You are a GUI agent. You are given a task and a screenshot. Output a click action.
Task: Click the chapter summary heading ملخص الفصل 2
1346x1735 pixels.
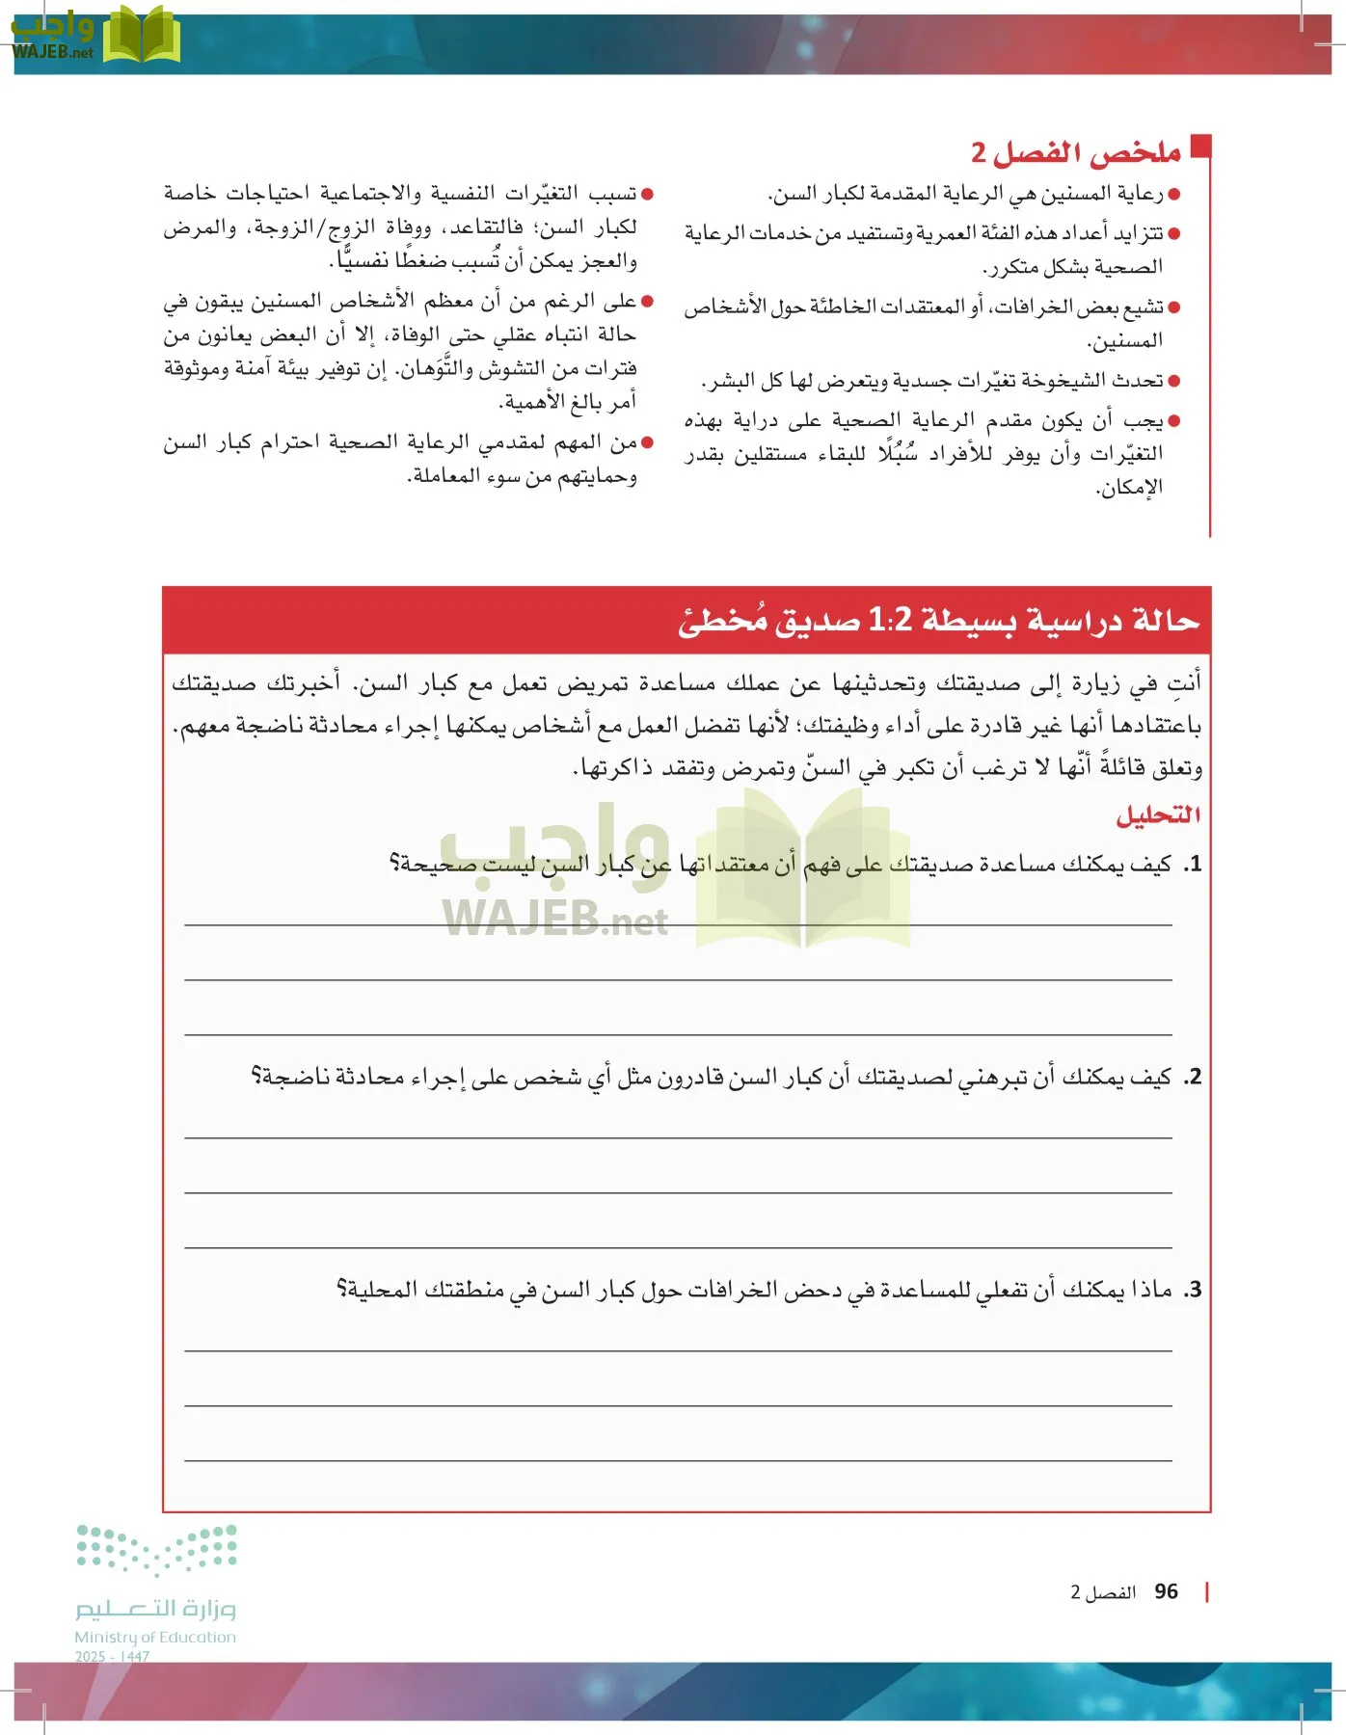(1075, 152)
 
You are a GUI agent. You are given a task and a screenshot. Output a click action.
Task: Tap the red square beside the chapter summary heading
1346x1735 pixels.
(1199, 146)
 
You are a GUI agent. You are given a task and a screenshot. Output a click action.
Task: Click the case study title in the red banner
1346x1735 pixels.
(937, 620)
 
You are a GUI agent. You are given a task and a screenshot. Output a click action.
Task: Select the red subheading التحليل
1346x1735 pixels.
(1158, 815)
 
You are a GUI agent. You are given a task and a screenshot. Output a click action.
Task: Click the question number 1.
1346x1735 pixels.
(1194, 864)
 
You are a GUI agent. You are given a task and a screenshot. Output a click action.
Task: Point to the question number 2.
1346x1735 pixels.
(1194, 1077)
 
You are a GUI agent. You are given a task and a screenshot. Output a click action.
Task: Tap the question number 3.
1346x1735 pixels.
(1194, 1290)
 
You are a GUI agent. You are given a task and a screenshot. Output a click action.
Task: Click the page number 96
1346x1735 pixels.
(1166, 1592)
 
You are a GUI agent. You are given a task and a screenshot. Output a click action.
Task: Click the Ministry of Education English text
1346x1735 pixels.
(155, 1637)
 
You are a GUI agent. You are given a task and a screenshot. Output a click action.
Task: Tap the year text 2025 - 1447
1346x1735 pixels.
(112, 1656)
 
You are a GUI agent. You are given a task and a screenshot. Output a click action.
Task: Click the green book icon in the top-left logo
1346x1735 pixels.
(141, 37)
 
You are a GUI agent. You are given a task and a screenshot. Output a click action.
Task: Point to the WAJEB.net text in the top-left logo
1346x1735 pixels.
(53, 53)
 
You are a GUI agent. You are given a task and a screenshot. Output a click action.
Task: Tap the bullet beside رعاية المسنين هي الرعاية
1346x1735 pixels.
(1173, 195)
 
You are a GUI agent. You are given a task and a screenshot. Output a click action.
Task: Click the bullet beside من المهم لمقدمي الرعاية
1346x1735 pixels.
(647, 443)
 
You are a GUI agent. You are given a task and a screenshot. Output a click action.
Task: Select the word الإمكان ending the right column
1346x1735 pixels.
(1129, 488)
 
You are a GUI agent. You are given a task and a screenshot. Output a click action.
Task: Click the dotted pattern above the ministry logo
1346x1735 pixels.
(157, 1548)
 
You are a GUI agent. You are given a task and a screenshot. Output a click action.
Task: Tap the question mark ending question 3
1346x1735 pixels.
(341, 1290)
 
